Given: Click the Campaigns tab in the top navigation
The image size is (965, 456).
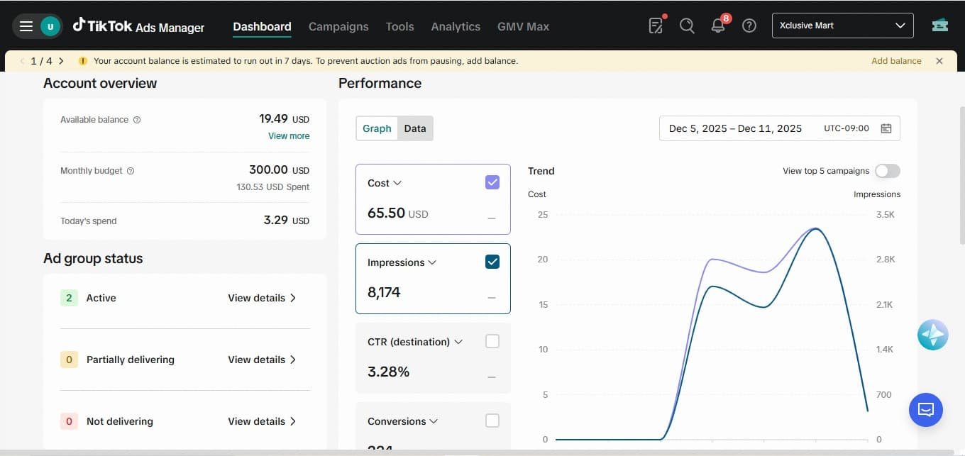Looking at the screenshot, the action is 338,27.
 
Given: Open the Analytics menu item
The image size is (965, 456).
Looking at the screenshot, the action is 456,27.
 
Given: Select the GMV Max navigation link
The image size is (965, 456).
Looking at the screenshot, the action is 523,27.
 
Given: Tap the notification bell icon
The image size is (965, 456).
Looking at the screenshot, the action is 718,26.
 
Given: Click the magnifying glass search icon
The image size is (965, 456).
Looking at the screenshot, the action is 687,26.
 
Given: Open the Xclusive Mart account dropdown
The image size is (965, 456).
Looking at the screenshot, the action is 842,26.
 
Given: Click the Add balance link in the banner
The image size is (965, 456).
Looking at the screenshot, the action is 896,61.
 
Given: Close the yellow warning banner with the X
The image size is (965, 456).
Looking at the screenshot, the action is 939,61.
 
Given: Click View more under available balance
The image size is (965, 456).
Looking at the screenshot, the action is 289,136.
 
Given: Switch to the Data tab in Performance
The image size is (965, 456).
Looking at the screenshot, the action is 415,128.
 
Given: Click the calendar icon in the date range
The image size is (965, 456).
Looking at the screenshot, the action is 886,128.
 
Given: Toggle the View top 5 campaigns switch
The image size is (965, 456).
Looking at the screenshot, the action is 887,171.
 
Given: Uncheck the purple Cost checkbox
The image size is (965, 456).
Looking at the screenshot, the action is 492,182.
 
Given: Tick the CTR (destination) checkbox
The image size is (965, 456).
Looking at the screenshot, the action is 492,341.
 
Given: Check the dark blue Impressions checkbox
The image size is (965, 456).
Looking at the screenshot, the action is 492,262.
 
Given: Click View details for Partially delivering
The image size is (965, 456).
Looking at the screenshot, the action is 262,360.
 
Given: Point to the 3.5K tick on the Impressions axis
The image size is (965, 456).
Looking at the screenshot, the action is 885,214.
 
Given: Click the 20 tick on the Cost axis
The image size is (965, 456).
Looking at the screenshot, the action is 542,260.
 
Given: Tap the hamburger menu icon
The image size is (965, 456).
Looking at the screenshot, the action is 26,26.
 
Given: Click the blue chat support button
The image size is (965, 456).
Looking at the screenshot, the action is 925,409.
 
